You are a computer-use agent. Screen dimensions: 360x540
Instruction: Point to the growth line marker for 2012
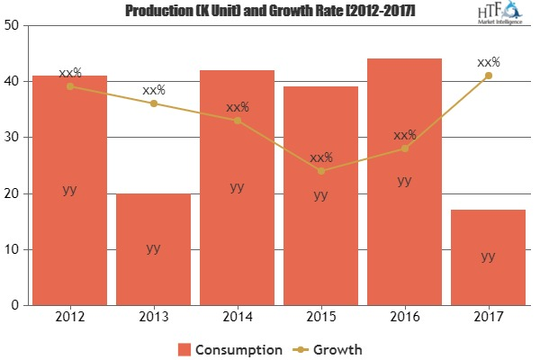point(69,86)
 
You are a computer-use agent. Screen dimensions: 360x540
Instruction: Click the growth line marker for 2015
point(320,171)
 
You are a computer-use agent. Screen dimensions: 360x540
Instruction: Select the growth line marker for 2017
point(488,76)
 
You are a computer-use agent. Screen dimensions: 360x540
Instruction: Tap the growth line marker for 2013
point(153,103)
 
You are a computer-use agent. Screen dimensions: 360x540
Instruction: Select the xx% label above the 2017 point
point(488,62)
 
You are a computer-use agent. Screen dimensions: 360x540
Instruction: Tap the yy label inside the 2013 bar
point(153,248)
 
